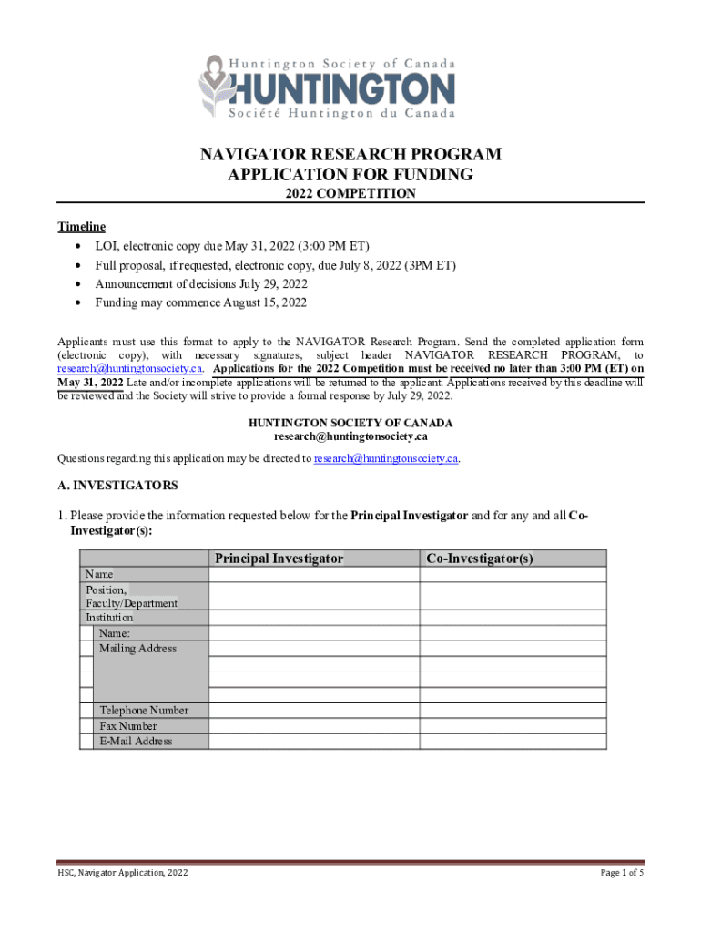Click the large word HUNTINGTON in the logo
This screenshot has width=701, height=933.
pyautogui.click(x=343, y=89)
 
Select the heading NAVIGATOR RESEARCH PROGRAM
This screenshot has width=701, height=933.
pyautogui.click(x=350, y=155)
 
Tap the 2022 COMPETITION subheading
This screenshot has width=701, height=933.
pyautogui.click(x=350, y=193)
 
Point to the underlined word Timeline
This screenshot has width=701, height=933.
pyautogui.click(x=82, y=227)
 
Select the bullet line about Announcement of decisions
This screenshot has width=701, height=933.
pyautogui.click(x=200, y=283)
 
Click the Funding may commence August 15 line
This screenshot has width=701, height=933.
pyautogui.click(x=200, y=302)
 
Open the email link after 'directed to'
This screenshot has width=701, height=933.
pyautogui.click(x=386, y=458)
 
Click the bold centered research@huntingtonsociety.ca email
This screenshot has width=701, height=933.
pyautogui.click(x=350, y=436)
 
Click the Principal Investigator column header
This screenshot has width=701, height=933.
pyautogui.click(x=279, y=558)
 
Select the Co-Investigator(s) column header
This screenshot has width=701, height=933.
pyautogui.click(x=479, y=558)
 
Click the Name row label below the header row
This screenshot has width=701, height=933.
pyautogui.click(x=99, y=574)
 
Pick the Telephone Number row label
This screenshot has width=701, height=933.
pyautogui.click(x=144, y=711)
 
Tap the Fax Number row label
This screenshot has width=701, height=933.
pyautogui.click(x=127, y=726)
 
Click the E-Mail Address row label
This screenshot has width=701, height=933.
pyautogui.click(x=136, y=742)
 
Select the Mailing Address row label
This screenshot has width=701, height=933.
pyautogui.click(x=137, y=649)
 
